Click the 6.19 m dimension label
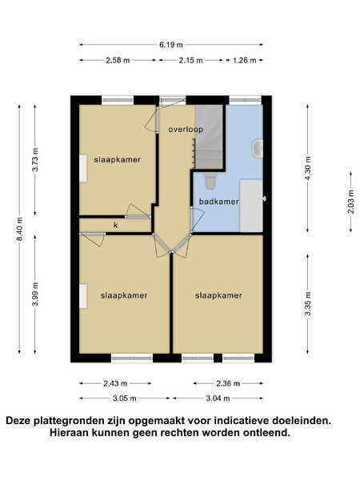click(171, 45)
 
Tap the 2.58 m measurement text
click(118, 60)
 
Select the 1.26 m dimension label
click(244, 60)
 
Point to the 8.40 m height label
click(19, 229)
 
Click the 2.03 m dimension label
click(351, 202)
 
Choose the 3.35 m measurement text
click(308, 304)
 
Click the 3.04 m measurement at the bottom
click(218, 398)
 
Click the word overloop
click(186, 130)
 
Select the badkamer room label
click(219, 202)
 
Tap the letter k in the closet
click(116, 226)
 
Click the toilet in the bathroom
click(210, 180)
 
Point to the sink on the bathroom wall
click(258, 149)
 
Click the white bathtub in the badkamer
click(251, 206)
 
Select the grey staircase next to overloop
click(209, 137)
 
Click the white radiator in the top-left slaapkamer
click(83, 168)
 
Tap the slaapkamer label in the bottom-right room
click(218, 295)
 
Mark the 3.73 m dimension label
click(35, 159)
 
